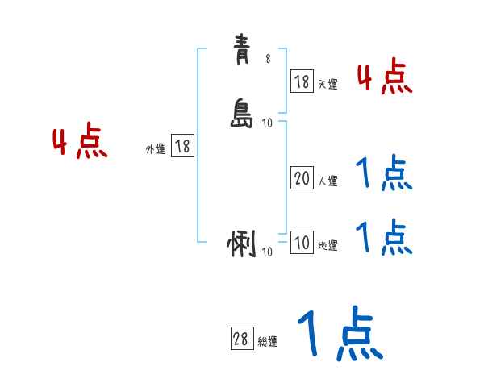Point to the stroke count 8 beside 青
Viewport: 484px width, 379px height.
tap(268, 58)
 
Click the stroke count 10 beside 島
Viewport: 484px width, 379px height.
tap(268, 123)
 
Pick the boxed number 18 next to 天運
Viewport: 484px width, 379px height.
tap(302, 81)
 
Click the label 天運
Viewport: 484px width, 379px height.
tap(328, 83)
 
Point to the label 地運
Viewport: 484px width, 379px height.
tap(328, 246)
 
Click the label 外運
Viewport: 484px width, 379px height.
tap(156, 149)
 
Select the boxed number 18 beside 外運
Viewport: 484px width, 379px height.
tap(182, 147)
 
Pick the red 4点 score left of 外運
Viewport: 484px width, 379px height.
tap(80, 144)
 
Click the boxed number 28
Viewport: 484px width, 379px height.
tap(240, 339)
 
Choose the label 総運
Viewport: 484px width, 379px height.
tap(267, 342)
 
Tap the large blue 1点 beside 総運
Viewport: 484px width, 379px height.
tap(339, 332)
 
